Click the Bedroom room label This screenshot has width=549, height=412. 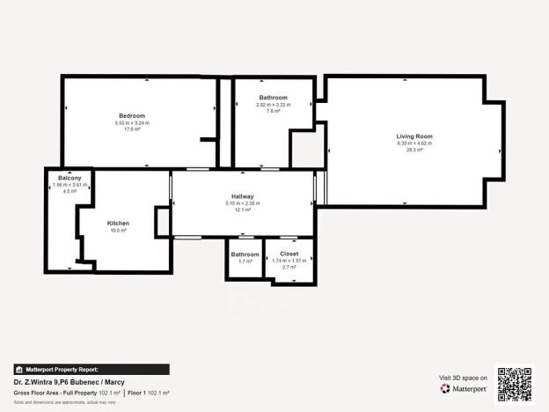[x=132, y=115]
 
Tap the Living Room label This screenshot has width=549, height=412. [x=414, y=136]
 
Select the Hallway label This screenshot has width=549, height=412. [x=243, y=196]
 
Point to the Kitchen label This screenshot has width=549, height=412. [x=118, y=223]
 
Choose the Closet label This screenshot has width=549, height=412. [x=289, y=254]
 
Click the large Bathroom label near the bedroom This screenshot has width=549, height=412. [x=273, y=97]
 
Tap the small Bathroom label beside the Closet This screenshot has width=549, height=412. [x=245, y=254]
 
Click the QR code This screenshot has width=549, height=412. [x=514, y=384]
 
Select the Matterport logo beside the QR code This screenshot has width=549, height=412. [x=464, y=388]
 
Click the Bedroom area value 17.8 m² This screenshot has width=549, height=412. [x=132, y=129]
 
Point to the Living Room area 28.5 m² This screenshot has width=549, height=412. [x=414, y=151]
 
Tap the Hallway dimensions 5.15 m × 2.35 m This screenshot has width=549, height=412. [x=243, y=203]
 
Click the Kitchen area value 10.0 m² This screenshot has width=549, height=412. [x=118, y=231]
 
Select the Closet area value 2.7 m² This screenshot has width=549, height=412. [x=289, y=266]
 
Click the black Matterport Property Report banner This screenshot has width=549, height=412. [x=91, y=370]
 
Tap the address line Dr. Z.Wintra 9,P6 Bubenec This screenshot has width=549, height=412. [x=59, y=381]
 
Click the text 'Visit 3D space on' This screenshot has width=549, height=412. [x=463, y=378]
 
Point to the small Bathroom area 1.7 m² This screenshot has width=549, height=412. [x=245, y=261]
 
